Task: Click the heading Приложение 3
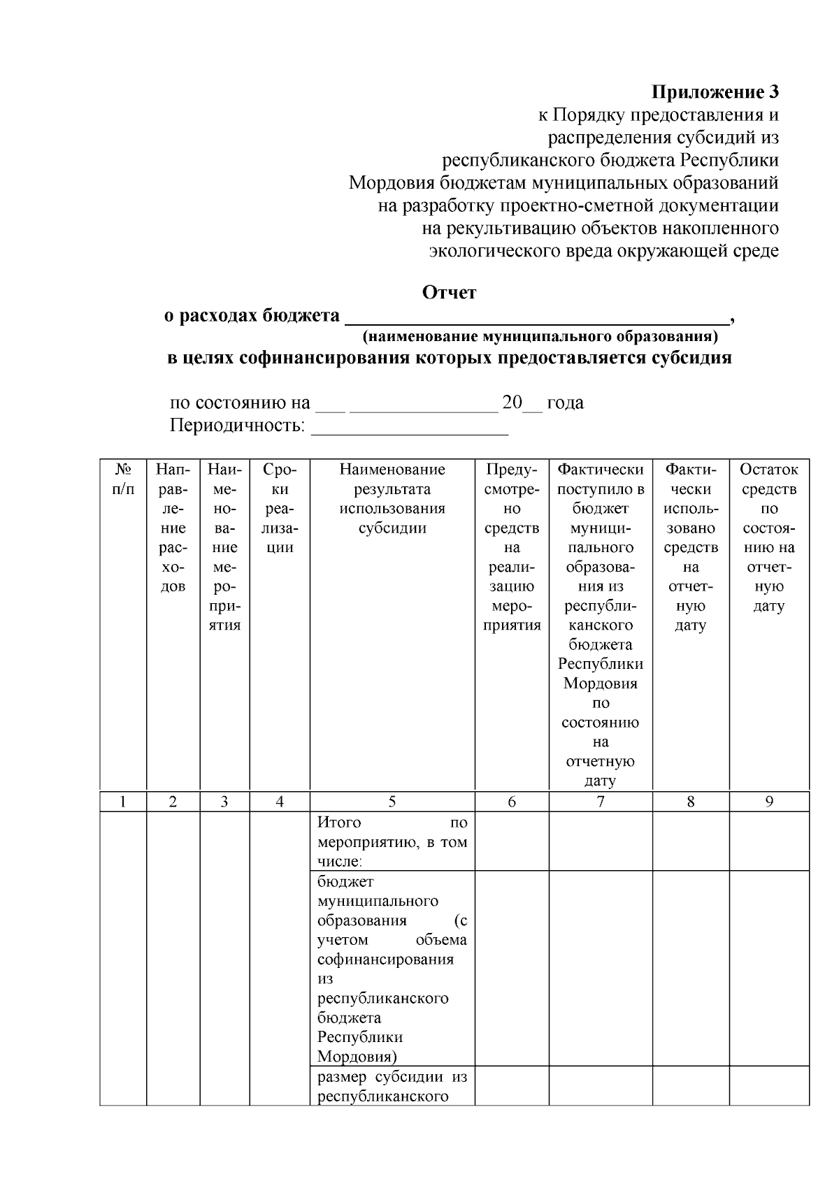[x=715, y=92]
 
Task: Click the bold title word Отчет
[x=449, y=292]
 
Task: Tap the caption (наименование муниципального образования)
[x=540, y=337]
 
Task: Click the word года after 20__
[x=565, y=403]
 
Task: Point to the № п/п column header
[x=123, y=479]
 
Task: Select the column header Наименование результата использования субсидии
[x=392, y=498]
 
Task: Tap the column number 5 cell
[x=392, y=802]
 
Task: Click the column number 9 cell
[x=768, y=802]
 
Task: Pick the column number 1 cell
[x=123, y=802]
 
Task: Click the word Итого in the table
[x=339, y=823]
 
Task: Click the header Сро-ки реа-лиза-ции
[x=279, y=508]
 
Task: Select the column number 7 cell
[x=601, y=802]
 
